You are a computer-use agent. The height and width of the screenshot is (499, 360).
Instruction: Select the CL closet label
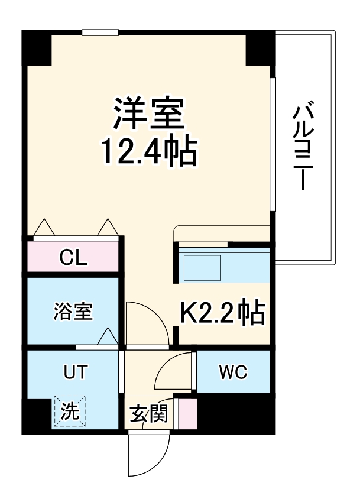point(75,258)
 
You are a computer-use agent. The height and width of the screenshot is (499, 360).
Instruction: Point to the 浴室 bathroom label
point(73,312)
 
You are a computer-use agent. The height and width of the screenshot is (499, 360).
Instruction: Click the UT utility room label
point(76,372)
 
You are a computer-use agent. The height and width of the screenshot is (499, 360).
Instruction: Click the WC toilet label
point(233,372)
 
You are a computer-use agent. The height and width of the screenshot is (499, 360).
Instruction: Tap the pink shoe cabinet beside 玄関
point(187,414)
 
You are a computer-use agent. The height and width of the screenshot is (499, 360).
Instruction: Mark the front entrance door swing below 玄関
point(148,455)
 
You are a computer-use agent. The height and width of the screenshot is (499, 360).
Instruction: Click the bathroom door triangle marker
point(108,337)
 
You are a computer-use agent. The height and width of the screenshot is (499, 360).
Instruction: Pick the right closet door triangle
point(108,227)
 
